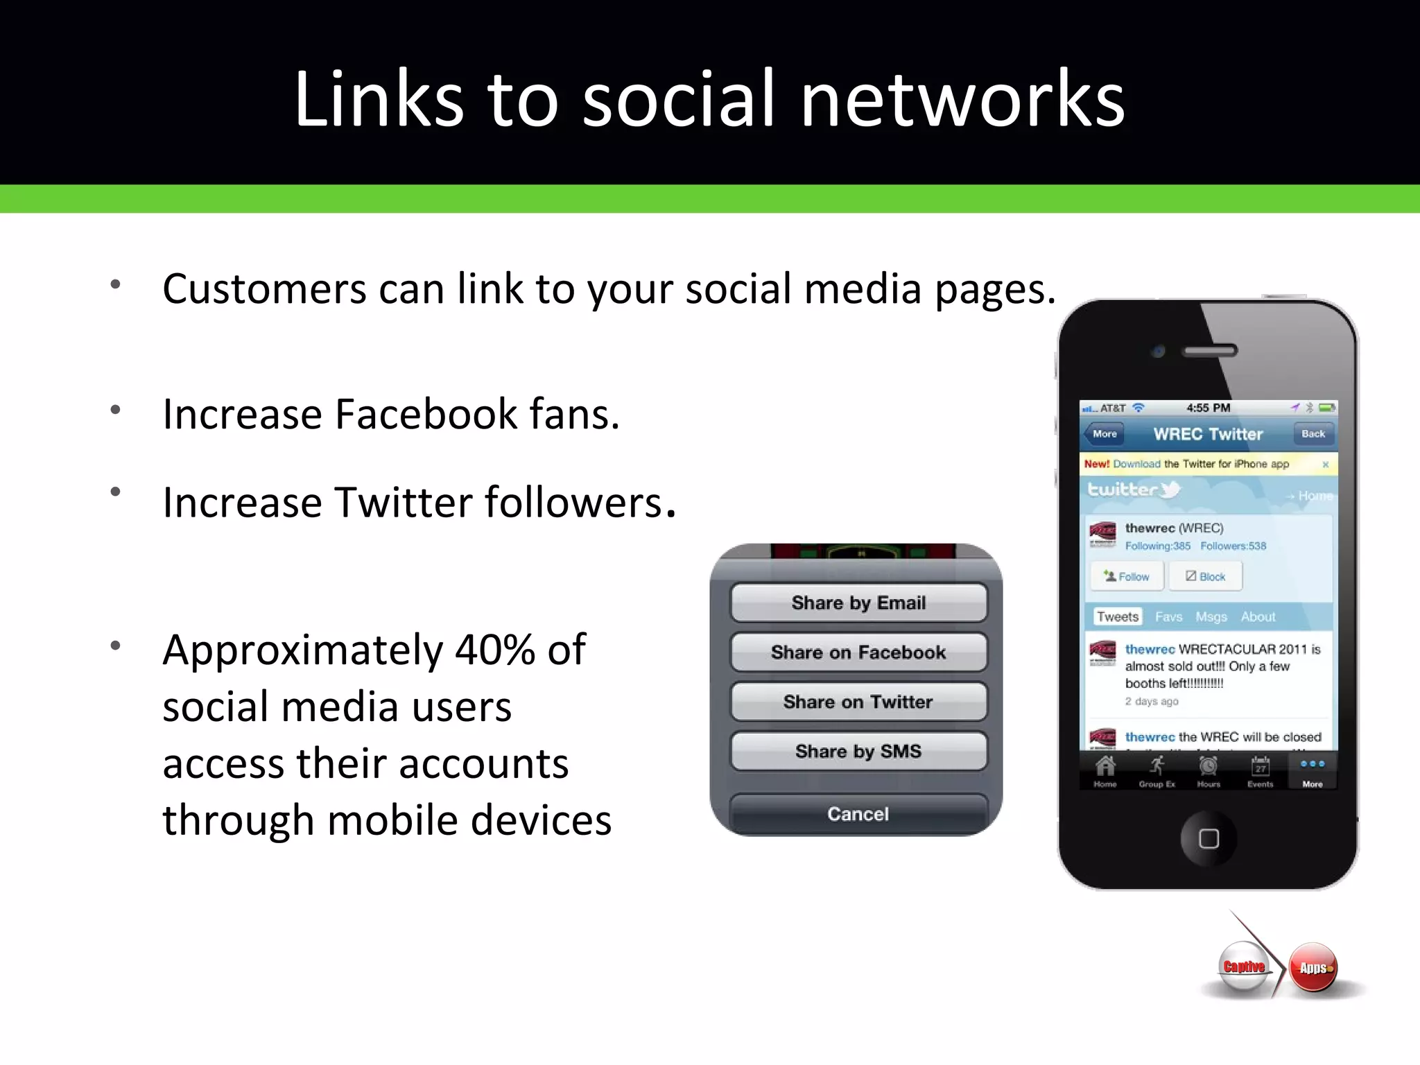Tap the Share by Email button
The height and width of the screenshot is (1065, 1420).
pyautogui.click(x=858, y=603)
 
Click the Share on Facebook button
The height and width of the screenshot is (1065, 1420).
pyautogui.click(x=858, y=652)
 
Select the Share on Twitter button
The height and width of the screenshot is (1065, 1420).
pyautogui.click(x=858, y=702)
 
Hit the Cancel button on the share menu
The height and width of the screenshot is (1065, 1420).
pyautogui.click(x=858, y=813)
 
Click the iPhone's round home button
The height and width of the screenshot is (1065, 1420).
pyautogui.click(x=1209, y=838)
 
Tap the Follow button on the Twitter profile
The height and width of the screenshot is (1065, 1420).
pyautogui.click(x=1127, y=576)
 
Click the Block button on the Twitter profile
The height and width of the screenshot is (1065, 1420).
pyautogui.click(x=1205, y=576)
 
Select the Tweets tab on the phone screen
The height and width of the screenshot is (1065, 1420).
pyautogui.click(x=1117, y=616)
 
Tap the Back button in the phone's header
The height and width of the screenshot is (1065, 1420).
pyautogui.click(x=1313, y=434)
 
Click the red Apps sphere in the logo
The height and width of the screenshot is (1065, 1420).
pyautogui.click(x=1313, y=968)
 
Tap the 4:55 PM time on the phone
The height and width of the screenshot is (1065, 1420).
pyautogui.click(x=1208, y=408)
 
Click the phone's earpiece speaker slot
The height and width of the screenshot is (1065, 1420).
pyautogui.click(x=1210, y=351)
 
